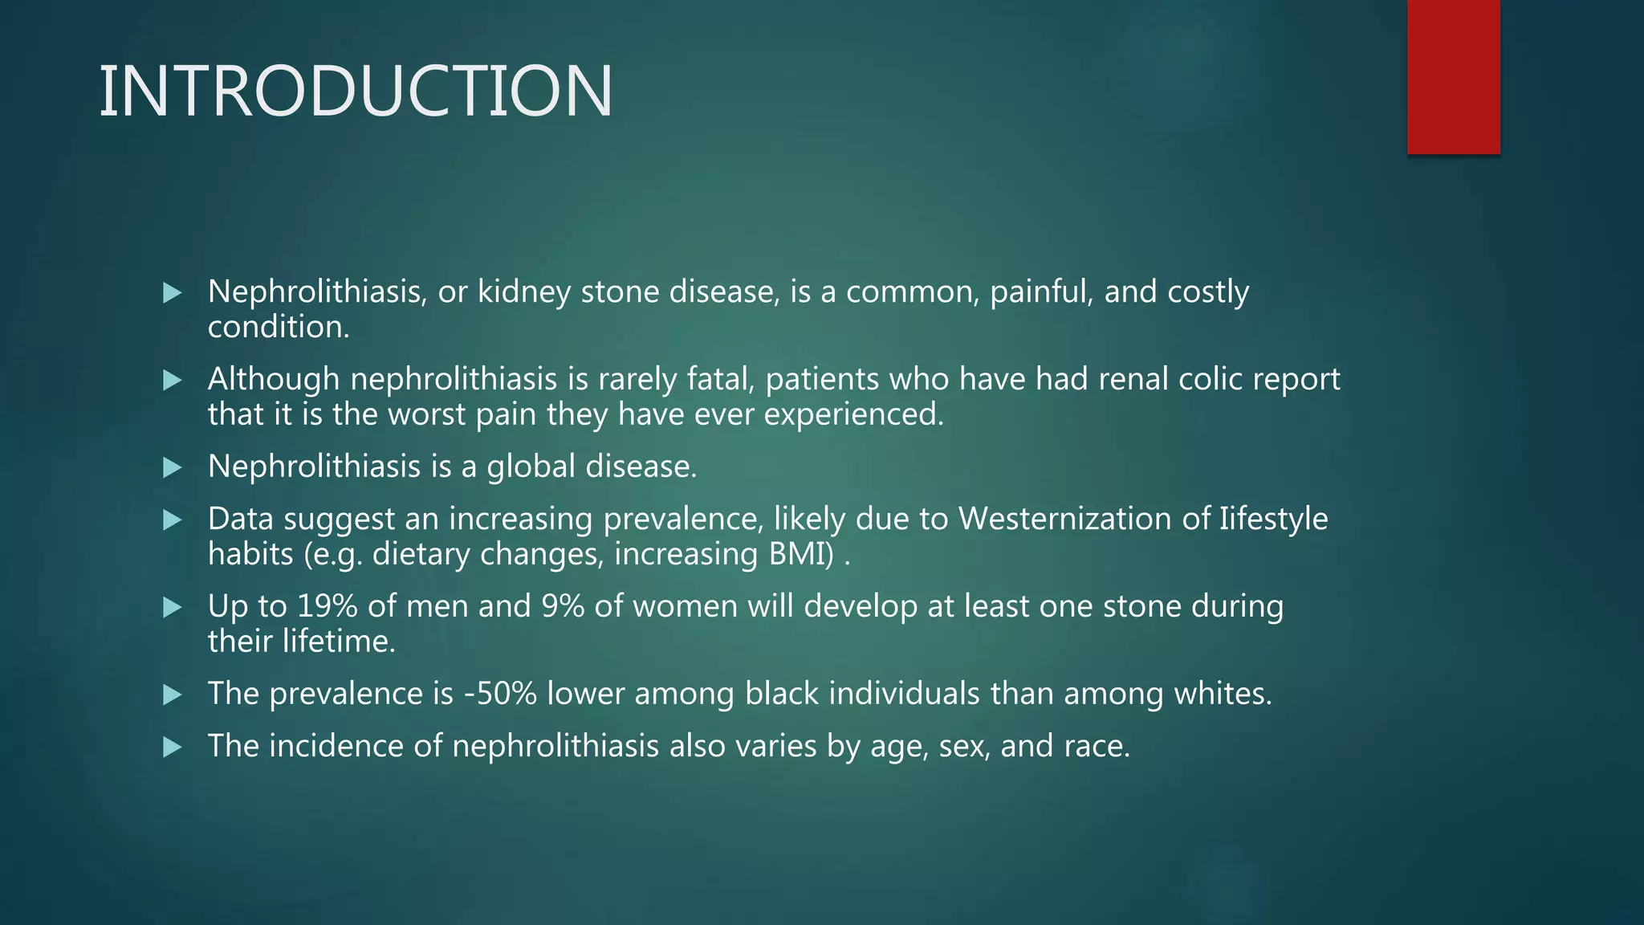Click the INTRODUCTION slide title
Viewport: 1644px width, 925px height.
(356, 92)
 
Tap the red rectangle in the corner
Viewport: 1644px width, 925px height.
(1453, 77)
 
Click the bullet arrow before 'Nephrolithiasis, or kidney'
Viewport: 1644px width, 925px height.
(172, 293)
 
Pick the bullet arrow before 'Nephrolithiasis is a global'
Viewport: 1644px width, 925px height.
(172, 468)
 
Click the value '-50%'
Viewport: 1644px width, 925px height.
(500, 694)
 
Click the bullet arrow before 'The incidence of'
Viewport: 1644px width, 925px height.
(172, 748)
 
